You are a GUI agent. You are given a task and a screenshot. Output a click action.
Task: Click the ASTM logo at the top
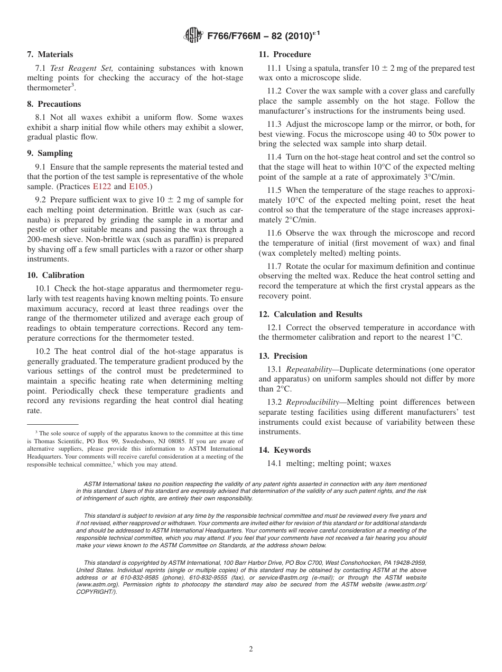click(x=193, y=36)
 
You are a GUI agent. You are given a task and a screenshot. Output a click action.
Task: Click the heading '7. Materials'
click(x=50, y=54)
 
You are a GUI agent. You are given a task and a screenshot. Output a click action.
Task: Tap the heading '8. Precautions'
click(x=54, y=104)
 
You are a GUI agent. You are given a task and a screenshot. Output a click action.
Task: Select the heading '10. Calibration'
click(x=55, y=275)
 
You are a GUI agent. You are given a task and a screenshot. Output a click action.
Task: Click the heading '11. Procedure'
click(x=284, y=54)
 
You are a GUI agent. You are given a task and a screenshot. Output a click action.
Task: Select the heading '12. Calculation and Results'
click(x=310, y=314)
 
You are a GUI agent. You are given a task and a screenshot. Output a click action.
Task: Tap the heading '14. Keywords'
click(x=284, y=450)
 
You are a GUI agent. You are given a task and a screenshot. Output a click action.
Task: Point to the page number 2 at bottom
click(x=251, y=649)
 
